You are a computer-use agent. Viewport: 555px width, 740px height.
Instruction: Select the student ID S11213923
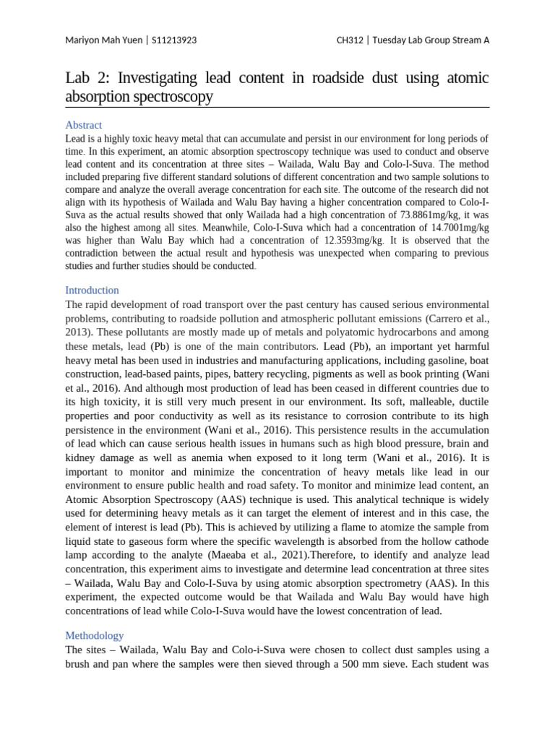coord(173,40)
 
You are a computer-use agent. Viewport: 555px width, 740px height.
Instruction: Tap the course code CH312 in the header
coord(350,40)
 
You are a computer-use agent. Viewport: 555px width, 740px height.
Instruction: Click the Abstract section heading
coord(83,125)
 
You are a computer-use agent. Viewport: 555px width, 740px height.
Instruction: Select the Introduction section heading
coord(92,290)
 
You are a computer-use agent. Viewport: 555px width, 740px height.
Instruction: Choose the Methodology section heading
coord(95,635)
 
